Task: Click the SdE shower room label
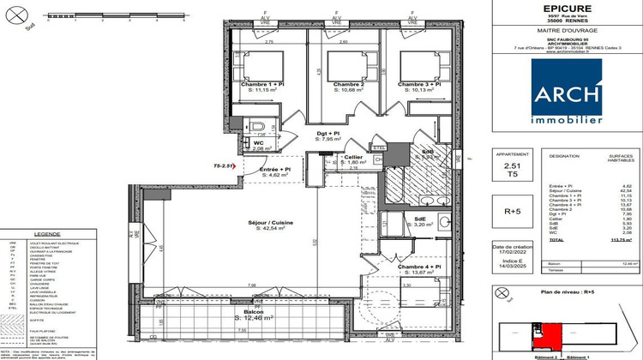click(420, 219)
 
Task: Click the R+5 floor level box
click(514, 210)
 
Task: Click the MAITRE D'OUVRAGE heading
click(567, 32)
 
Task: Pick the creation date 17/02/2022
click(513, 252)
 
